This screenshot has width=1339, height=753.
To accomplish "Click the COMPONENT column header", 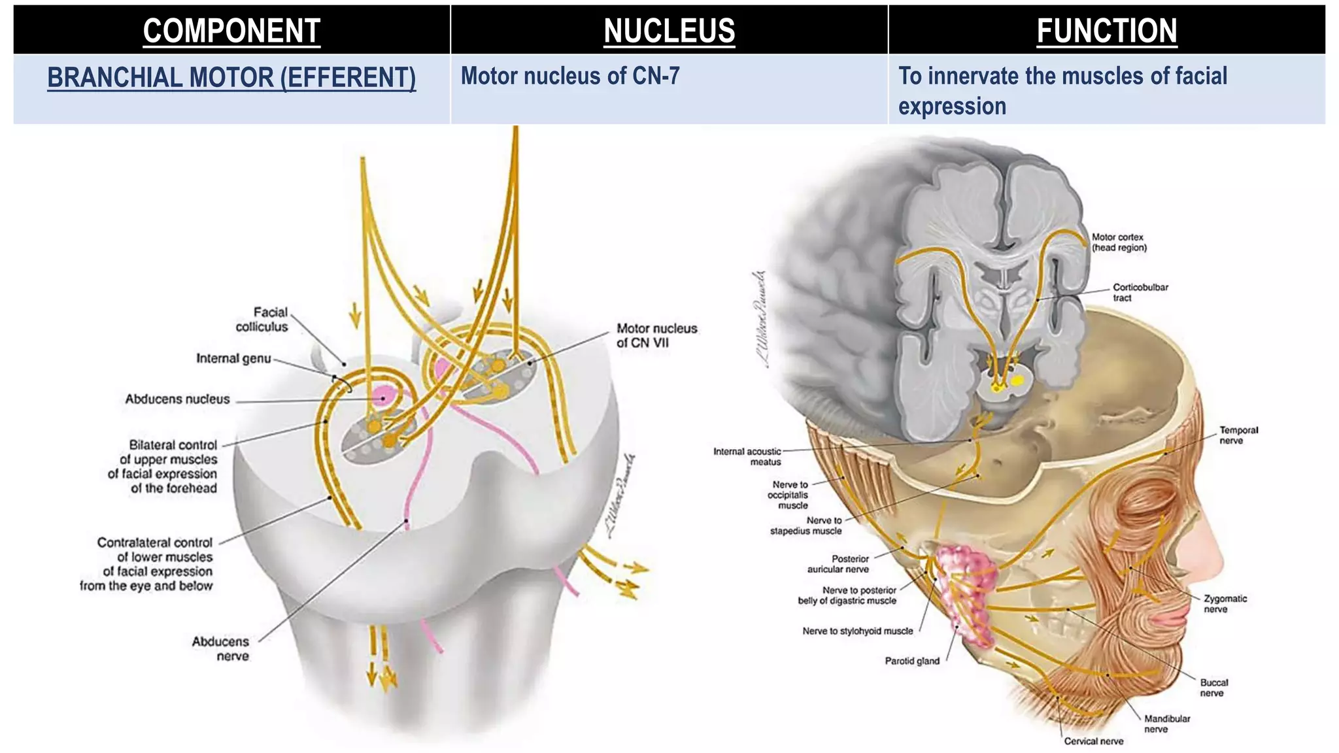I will [231, 31].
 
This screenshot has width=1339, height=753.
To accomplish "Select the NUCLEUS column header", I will [669, 31].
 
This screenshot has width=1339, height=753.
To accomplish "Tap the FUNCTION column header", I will [1106, 31].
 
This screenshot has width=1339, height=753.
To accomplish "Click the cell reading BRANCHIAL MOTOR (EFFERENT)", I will [231, 78].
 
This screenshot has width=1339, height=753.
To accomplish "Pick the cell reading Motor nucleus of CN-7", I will [570, 76].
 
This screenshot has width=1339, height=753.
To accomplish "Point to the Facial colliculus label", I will [262, 320].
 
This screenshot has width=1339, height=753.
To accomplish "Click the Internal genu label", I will [233, 358].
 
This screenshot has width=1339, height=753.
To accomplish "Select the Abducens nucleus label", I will [177, 399].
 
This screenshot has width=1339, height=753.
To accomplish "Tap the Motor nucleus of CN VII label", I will [656, 335].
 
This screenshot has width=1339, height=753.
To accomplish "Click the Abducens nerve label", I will [220, 648].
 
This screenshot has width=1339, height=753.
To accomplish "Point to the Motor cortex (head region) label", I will [1119, 243].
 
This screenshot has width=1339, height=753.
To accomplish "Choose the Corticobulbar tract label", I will [1140, 292].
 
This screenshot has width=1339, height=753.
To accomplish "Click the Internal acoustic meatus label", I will [747, 456].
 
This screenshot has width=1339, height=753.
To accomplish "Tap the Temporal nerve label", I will [1238, 435].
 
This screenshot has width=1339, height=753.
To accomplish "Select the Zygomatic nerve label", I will [1225, 603].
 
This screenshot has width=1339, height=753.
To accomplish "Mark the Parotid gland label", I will [912, 661].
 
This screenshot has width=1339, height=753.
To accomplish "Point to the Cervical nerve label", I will [1093, 741].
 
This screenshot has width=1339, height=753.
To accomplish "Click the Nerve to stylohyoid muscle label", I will [857, 631].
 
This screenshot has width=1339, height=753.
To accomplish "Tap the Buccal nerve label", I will [1213, 688].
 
